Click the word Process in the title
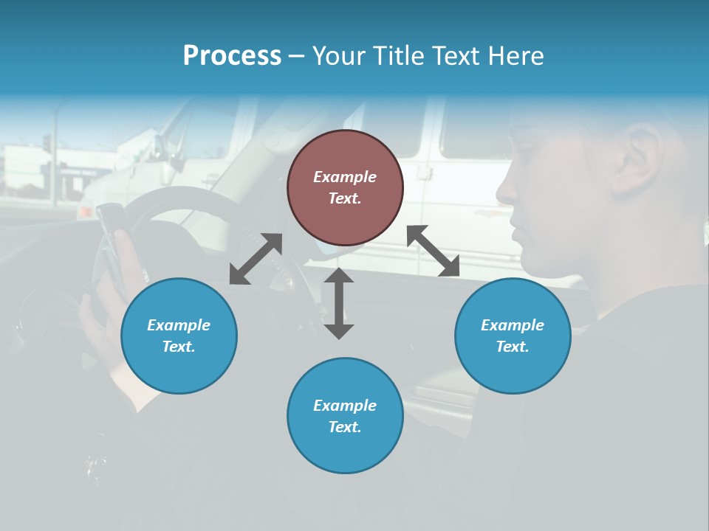click(232, 56)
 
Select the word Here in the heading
click(514, 56)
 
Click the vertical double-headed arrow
click(339, 303)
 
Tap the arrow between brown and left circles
click(256, 259)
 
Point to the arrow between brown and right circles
click(434, 251)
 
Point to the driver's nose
click(505, 190)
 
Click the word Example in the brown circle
click(345, 177)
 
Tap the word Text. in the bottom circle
click(345, 427)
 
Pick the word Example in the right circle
click(513, 325)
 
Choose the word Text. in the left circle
click(179, 347)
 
